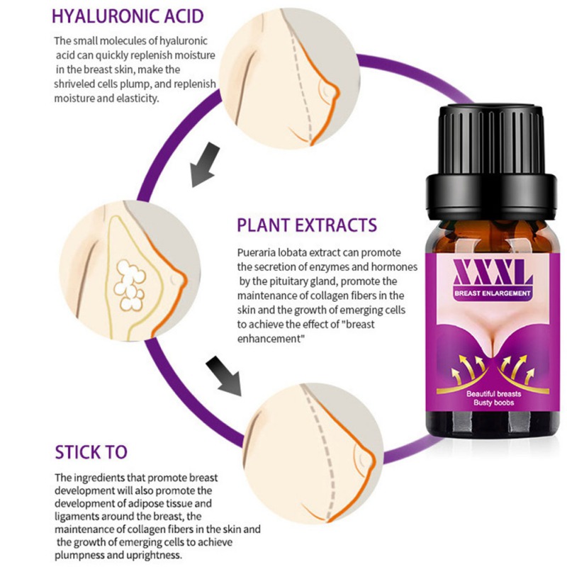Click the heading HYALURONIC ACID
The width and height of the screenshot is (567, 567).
128,16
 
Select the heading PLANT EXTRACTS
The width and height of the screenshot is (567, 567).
307,225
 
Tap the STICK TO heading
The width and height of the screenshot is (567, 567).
91,452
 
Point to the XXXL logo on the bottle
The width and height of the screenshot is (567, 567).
493,273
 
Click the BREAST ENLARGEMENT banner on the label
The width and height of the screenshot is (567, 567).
492,293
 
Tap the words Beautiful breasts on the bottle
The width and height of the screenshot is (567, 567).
493,394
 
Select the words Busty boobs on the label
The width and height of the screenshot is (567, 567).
493,403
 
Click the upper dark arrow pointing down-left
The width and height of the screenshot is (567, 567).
205,164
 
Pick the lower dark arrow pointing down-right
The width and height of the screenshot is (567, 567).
223,376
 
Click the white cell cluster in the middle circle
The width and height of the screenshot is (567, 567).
130,286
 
